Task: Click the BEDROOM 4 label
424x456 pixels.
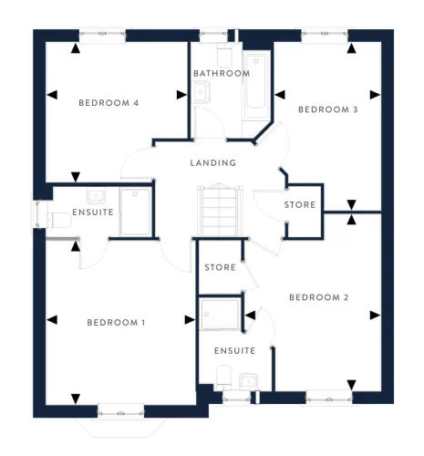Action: (x=108, y=103)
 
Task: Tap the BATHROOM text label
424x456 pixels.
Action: (x=221, y=73)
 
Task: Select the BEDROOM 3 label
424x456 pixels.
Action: (x=327, y=109)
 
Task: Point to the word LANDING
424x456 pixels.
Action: (x=212, y=163)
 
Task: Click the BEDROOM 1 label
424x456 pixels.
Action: (x=117, y=323)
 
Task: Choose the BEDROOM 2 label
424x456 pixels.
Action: (x=319, y=297)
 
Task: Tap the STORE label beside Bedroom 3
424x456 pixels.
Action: (x=300, y=205)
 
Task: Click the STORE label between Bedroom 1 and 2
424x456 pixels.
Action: (x=220, y=268)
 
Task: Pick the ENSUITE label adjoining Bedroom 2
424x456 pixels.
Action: (x=233, y=350)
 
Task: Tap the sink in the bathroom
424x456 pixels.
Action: (x=202, y=90)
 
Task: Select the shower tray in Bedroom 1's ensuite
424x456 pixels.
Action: (x=136, y=212)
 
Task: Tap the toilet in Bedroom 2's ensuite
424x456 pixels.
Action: (x=221, y=375)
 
